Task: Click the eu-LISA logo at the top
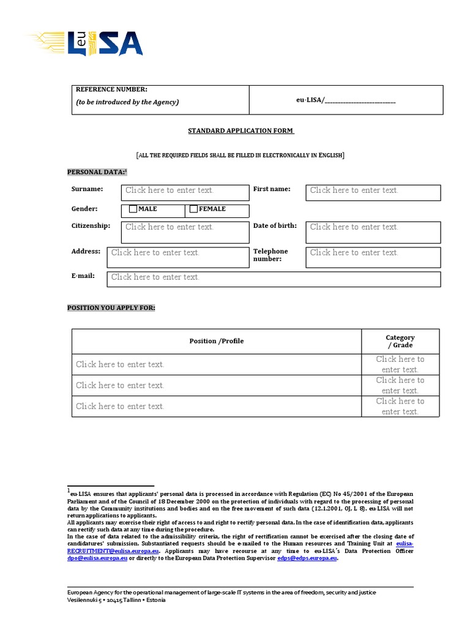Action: tap(86, 43)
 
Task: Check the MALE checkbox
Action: tap(133, 209)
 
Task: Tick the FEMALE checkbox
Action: tap(194, 209)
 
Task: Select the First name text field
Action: tap(373, 192)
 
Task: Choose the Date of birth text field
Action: tap(373, 231)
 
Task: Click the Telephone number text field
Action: tap(373, 257)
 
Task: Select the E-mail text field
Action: tap(273, 279)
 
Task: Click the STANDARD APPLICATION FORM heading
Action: tap(241, 131)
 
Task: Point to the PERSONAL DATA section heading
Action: tap(97, 173)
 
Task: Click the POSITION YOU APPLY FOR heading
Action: tap(111, 308)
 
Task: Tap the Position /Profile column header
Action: tap(216, 341)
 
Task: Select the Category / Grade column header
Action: tap(400, 341)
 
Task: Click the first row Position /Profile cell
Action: tap(216, 364)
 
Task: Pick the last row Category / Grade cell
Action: tap(400, 406)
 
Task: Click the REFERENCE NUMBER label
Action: tap(111, 90)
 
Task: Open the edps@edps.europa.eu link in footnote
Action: tap(307, 558)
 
